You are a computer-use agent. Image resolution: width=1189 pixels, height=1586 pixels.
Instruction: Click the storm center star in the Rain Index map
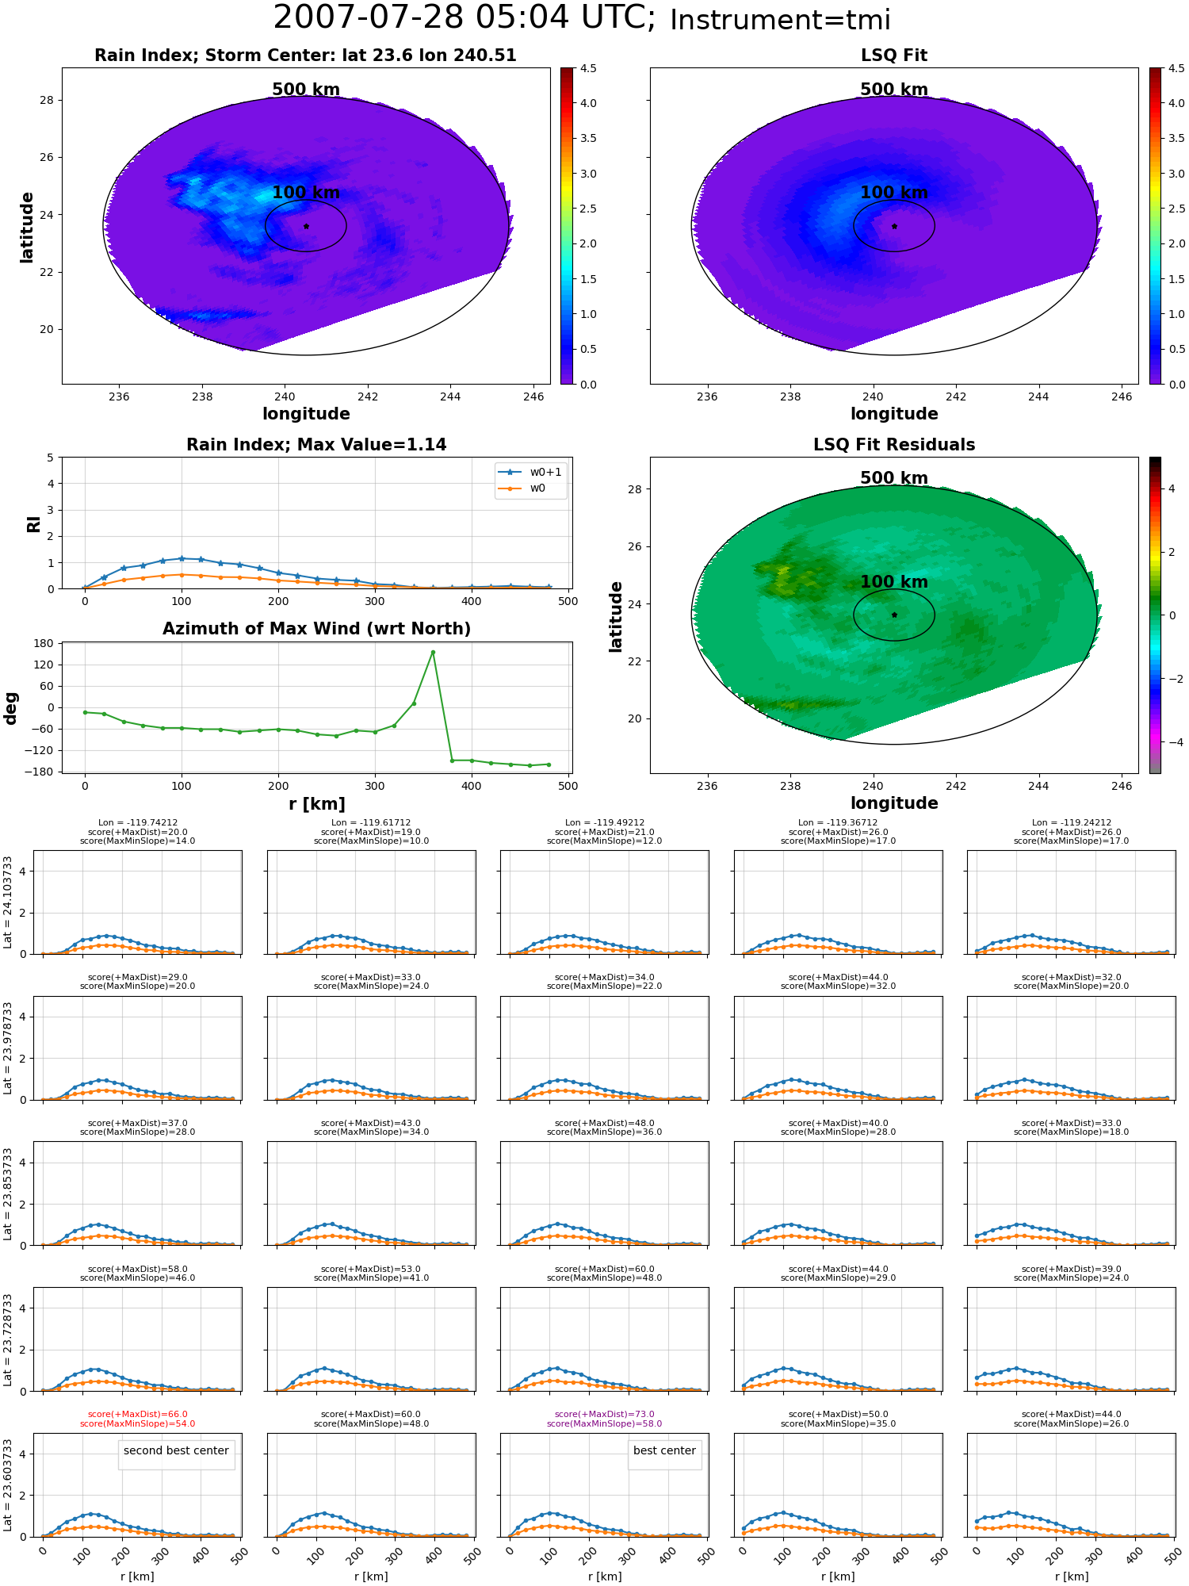(306, 226)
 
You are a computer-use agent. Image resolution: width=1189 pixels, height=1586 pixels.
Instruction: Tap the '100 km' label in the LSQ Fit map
(894, 193)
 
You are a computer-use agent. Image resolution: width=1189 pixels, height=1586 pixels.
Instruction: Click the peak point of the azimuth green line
(433, 652)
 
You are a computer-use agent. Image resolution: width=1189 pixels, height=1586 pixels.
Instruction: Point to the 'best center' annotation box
(664, 1450)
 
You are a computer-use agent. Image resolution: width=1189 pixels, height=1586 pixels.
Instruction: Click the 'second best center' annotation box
(176, 1450)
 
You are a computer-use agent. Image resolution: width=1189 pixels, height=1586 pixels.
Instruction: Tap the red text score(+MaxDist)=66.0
(138, 1414)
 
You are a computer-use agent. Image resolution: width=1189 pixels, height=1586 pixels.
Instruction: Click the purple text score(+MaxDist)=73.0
(605, 1414)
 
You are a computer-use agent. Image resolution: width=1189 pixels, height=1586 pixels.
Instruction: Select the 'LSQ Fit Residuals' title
(894, 445)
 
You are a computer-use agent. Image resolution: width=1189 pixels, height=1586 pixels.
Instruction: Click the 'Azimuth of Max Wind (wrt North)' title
(317, 629)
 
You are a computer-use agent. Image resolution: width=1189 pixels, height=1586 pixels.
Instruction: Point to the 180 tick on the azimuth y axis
(44, 643)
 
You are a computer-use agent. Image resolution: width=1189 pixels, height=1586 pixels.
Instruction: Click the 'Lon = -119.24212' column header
(1072, 823)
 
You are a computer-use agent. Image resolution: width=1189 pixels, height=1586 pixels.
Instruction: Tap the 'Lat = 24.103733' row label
(8, 902)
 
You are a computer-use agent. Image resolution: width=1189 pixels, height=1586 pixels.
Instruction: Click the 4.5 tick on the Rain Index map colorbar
(588, 68)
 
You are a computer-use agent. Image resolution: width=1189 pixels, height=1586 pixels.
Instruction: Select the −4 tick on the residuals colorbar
(1172, 742)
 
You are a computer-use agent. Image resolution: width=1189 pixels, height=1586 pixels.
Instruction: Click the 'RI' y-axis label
(34, 524)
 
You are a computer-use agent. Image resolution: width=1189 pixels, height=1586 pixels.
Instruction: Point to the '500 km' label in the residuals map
(894, 478)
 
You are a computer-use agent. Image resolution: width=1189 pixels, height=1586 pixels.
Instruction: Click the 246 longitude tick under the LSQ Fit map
(1122, 397)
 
